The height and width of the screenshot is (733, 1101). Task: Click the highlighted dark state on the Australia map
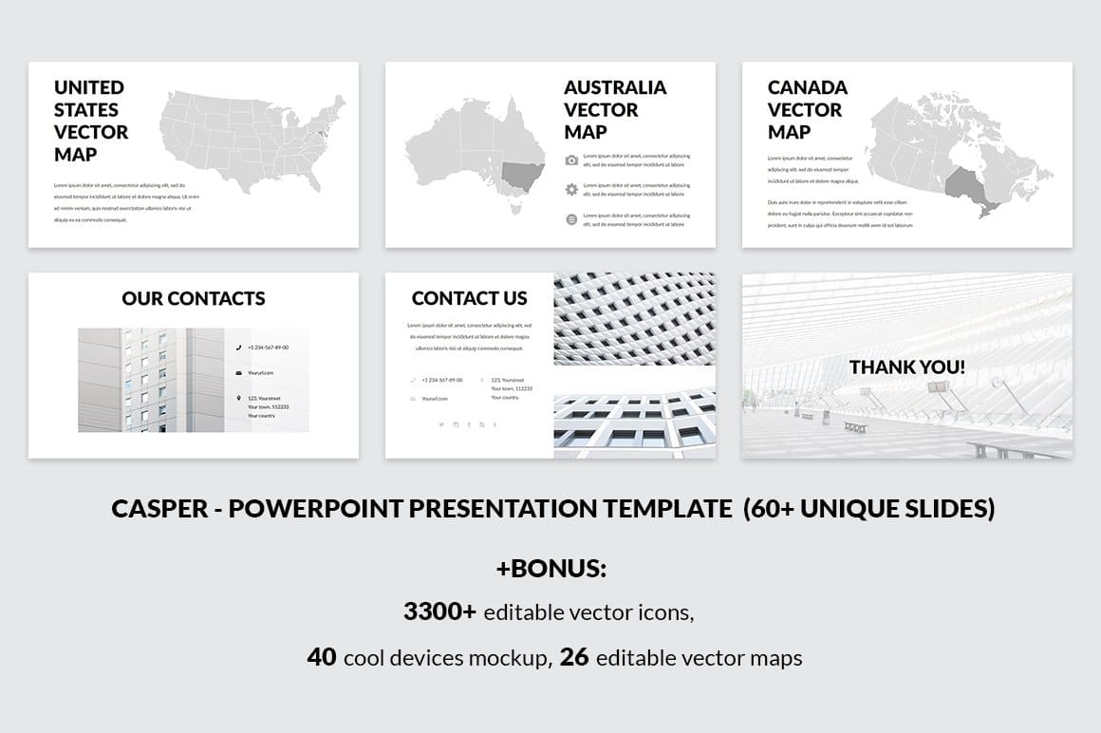click(521, 176)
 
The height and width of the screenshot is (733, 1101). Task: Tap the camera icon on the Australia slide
click(571, 160)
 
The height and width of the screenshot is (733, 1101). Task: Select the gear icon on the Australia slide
click(571, 189)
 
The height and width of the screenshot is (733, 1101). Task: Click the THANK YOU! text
click(906, 366)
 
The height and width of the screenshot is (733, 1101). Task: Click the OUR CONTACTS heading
click(194, 298)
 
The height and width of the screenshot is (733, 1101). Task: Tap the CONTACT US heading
click(469, 298)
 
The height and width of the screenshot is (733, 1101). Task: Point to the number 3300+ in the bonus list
click(439, 611)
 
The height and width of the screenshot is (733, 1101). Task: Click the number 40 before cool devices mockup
click(322, 657)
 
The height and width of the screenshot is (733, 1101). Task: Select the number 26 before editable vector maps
click(574, 657)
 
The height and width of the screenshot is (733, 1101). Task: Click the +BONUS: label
click(550, 569)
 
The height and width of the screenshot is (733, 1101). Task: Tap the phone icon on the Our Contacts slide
click(238, 348)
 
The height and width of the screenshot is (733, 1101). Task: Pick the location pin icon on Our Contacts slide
click(238, 399)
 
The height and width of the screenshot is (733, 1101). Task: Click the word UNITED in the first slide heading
click(89, 87)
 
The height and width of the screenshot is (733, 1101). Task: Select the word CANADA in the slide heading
click(807, 87)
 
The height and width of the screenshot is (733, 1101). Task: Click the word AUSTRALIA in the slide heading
click(615, 87)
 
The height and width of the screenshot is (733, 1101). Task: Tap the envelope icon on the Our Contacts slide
click(238, 373)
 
